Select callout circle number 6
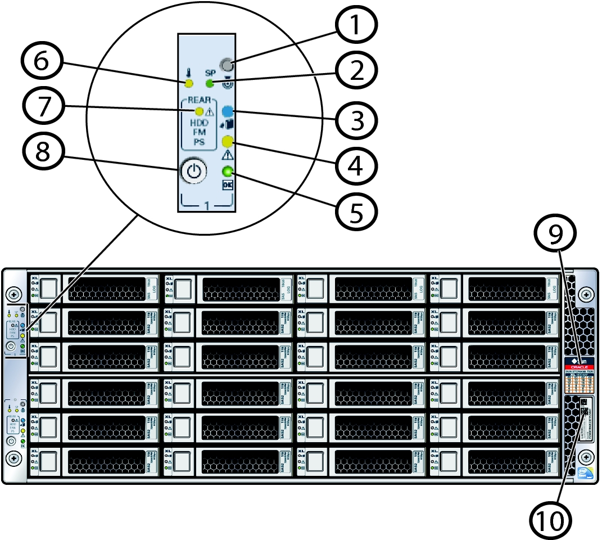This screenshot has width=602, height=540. click(x=43, y=61)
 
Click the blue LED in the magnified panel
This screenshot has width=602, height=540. click(x=228, y=111)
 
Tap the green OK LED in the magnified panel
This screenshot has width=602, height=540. click(x=228, y=172)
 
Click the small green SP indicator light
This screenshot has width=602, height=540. click(x=210, y=84)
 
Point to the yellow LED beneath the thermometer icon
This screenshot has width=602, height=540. click(x=189, y=84)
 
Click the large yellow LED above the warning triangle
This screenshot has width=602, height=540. click(x=228, y=141)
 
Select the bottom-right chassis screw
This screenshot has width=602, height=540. click(x=586, y=455)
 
